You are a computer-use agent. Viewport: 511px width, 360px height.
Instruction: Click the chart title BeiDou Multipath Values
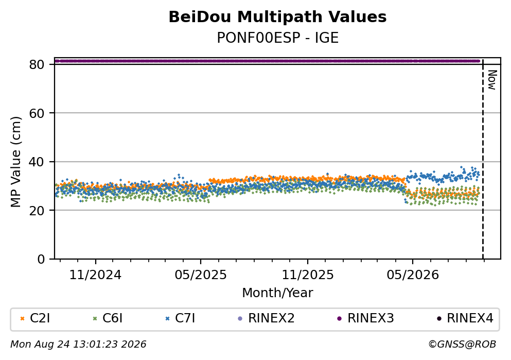(x=277, y=17)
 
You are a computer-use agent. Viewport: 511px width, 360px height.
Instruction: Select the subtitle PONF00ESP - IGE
(x=277, y=38)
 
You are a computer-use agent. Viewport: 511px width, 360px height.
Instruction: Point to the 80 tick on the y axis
(x=37, y=64)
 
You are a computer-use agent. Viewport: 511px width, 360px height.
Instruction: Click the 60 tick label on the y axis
(x=37, y=113)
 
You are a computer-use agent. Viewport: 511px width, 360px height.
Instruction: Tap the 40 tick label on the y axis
(x=37, y=162)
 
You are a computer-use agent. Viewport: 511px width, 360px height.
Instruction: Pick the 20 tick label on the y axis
(x=37, y=210)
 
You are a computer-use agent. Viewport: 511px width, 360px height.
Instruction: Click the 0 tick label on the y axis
(x=41, y=259)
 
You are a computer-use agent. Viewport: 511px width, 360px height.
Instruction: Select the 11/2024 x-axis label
(x=95, y=275)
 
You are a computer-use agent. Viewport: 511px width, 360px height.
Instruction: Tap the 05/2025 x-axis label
(x=200, y=275)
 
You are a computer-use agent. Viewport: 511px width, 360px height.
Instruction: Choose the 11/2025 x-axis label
(x=308, y=275)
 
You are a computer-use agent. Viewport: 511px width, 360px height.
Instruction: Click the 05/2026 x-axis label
(x=413, y=275)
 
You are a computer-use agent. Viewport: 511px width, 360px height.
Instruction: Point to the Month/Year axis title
(x=277, y=293)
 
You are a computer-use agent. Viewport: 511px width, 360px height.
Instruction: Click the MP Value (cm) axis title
(x=15, y=162)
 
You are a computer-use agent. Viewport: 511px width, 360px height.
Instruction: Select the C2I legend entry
(x=36, y=318)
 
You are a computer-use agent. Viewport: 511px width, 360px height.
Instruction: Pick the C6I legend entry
(x=108, y=318)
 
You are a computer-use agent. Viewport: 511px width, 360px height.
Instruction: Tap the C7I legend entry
(x=181, y=318)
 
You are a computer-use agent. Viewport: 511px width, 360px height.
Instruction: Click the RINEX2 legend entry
(x=267, y=318)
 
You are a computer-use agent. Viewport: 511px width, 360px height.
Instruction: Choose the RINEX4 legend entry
(x=465, y=318)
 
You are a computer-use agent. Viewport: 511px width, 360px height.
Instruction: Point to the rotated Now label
(x=492, y=80)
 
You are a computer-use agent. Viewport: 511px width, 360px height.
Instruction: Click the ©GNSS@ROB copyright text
(x=462, y=345)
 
